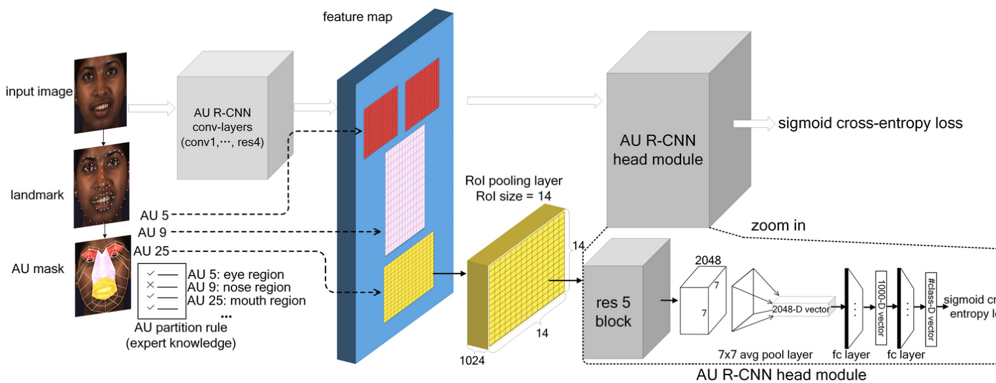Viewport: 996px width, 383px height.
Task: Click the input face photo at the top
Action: coord(101,93)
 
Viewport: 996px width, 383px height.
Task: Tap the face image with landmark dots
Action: coord(101,182)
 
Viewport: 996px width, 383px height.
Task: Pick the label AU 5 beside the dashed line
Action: coord(155,215)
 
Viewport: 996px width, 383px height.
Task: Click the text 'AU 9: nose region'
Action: coord(239,288)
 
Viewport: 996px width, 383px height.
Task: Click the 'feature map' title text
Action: coord(357,17)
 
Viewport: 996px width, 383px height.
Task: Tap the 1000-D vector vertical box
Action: coord(882,307)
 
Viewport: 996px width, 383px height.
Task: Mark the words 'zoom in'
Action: coord(778,226)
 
